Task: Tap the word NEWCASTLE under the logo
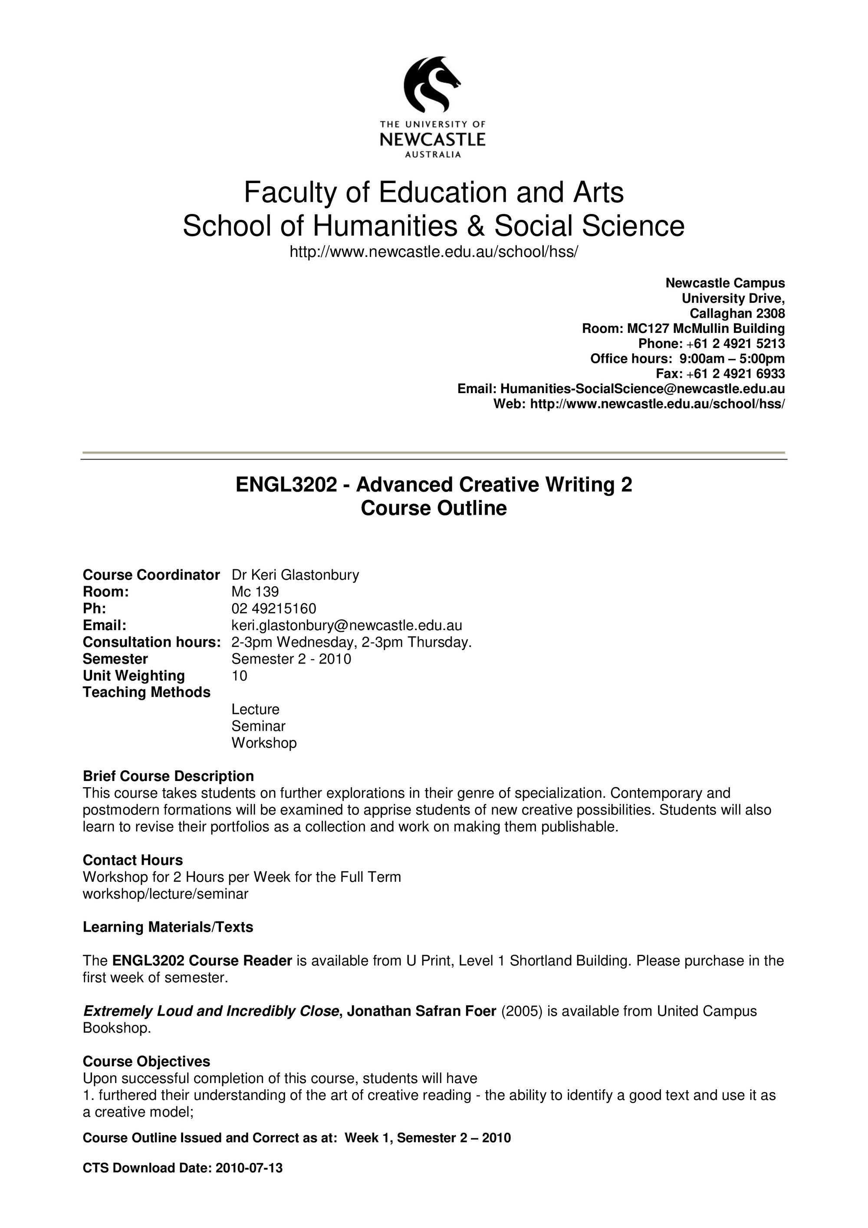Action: click(432, 140)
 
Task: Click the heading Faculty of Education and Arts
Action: click(433, 193)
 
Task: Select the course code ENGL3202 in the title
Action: click(286, 485)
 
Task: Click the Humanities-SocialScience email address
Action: click(642, 389)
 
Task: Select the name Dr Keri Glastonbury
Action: click(295, 575)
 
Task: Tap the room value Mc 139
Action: click(255, 591)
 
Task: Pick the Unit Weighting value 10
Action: click(239, 676)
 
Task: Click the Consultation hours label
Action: click(151, 642)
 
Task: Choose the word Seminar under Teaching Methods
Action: click(258, 726)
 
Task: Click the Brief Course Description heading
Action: click(168, 776)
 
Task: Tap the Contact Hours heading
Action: click(133, 860)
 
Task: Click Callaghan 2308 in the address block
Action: click(737, 313)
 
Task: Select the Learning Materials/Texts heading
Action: click(168, 927)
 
